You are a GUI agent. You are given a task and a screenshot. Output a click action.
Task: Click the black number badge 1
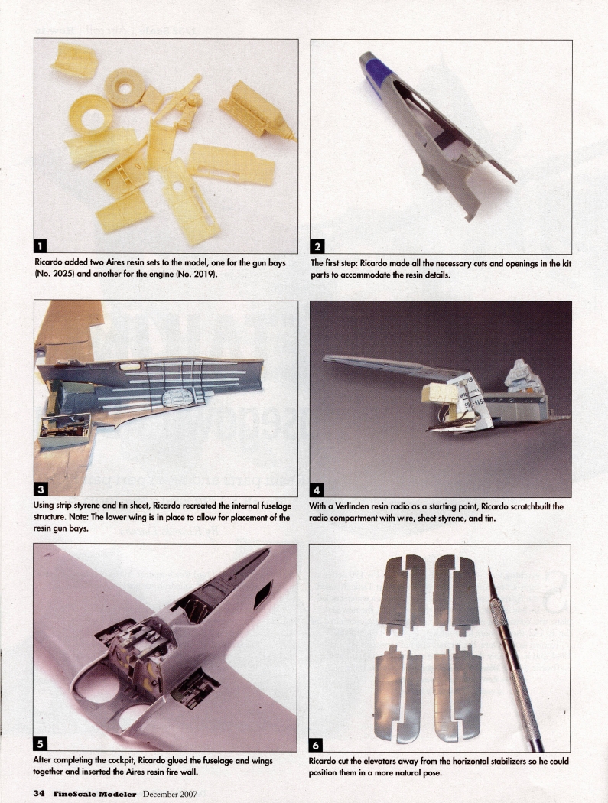click(x=41, y=245)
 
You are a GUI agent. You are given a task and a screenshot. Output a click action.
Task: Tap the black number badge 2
click(x=317, y=245)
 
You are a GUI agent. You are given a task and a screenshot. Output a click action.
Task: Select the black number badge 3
click(x=41, y=489)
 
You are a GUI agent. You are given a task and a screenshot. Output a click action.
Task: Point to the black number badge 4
click(x=317, y=489)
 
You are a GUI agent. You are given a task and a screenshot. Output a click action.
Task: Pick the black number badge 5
click(x=41, y=743)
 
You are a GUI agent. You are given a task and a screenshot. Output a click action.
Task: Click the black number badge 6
click(x=317, y=743)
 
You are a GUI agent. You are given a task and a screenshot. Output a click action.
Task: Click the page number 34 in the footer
click(x=38, y=794)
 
